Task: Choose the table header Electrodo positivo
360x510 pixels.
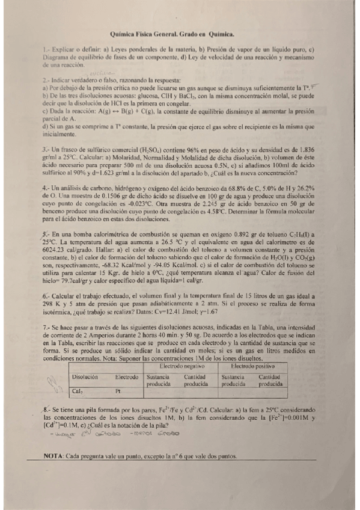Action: click(252, 366)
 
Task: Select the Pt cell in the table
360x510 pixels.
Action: click(118, 391)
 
